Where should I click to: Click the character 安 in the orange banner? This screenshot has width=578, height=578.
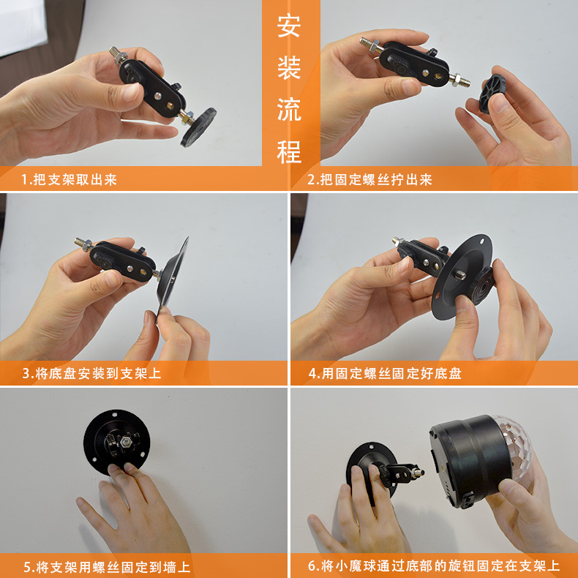pyautogui.click(x=289, y=27)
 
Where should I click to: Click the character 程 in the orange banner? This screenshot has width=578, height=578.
pyautogui.click(x=289, y=151)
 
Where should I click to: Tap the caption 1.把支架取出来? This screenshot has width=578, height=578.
pyautogui.click(x=69, y=179)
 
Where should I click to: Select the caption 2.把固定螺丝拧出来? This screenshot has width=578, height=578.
pyautogui.click(x=369, y=179)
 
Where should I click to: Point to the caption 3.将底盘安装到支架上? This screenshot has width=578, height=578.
pyautogui.click(x=91, y=373)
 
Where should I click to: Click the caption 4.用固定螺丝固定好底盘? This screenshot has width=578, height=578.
pyautogui.click(x=385, y=373)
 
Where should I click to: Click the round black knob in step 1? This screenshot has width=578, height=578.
pyautogui.click(x=198, y=125)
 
